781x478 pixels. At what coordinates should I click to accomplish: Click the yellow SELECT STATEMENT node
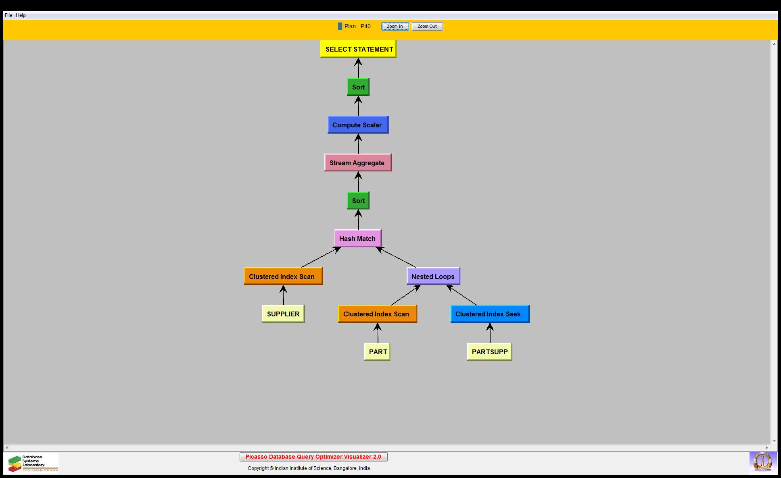[358, 49]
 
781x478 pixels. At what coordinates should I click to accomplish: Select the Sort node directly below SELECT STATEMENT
[358, 87]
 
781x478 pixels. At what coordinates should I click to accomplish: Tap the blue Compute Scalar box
[358, 125]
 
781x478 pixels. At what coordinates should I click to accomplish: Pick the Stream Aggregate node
[358, 163]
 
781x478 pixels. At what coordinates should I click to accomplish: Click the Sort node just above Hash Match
[358, 201]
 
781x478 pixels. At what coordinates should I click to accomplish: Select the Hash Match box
[358, 239]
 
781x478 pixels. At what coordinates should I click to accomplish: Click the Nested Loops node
[433, 276]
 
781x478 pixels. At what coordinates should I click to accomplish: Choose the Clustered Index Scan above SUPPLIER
[283, 276]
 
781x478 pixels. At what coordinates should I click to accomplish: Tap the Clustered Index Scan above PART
[377, 314]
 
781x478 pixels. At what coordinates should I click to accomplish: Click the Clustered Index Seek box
[490, 314]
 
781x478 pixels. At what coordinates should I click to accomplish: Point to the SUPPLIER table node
[283, 314]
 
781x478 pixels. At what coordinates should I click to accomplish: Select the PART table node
[377, 352]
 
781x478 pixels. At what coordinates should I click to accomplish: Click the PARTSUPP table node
[489, 352]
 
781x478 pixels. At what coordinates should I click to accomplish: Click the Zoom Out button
[427, 27]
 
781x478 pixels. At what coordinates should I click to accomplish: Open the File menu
[8, 15]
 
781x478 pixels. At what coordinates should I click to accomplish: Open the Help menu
[21, 15]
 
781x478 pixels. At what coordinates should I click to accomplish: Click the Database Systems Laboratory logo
[32, 463]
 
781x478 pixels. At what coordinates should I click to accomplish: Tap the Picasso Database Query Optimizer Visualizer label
[313, 457]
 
